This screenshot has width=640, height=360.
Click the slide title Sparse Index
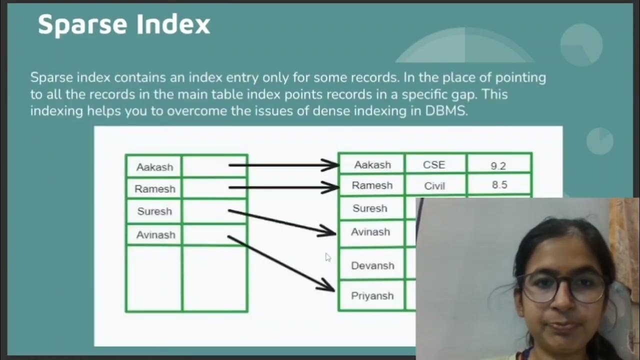point(124,24)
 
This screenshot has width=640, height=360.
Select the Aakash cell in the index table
point(154,167)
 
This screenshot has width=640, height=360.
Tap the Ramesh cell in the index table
point(154,189)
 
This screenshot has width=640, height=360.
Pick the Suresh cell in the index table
point(154,211)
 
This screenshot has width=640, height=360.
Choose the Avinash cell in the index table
point(155,234)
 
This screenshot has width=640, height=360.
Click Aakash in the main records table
point(372,164)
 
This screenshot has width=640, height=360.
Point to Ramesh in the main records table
point(372,185)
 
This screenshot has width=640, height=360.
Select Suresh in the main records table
point(370,208)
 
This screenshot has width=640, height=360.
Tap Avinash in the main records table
point(370,232)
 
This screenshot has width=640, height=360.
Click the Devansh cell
point(372,265)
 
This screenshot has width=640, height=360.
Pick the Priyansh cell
point(372,296)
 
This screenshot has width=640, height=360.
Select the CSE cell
point(434,164)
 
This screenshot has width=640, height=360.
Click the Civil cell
point(434,186)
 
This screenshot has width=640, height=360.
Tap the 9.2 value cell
point(498,165)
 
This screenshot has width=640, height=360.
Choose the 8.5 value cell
point(499,185)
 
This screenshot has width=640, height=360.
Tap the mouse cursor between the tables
point(327,257)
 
